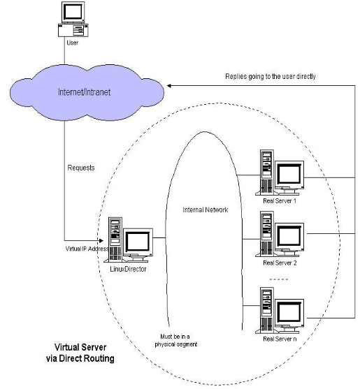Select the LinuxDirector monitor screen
(138, 241)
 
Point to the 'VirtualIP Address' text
(82, 249)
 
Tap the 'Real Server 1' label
(279, 201)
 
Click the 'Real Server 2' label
(279, 263)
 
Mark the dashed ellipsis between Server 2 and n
(278, 280)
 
